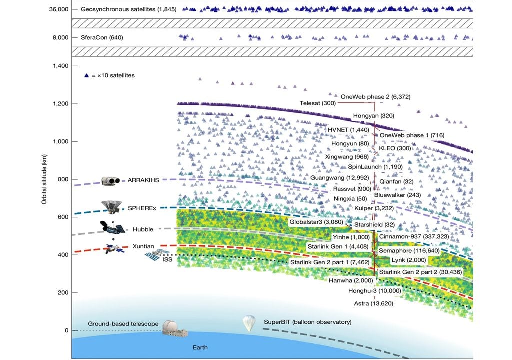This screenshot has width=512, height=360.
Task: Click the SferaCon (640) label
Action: pyautogui.click(x=102, y=37)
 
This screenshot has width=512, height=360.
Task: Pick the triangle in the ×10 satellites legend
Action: pyautogui.click(x=87, y=75)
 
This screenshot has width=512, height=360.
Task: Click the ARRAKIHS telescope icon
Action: pyautogui.click(x=112, y=181)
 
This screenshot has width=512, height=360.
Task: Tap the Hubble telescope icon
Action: pyautogui.click(x=111, y=228)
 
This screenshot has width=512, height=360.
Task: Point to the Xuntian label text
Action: pyautogui.click(x=143, y=246)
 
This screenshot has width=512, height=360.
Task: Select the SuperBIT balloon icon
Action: pyautogui.click(x=249, y=323)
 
